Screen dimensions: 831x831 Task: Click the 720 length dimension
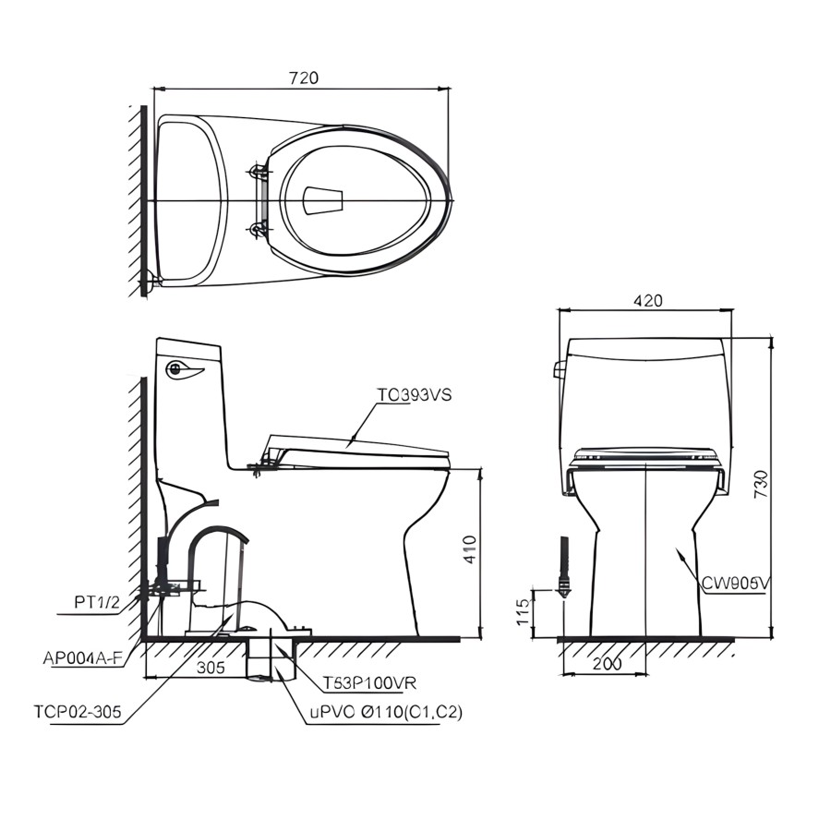pyautogui.click(x=304, y=78)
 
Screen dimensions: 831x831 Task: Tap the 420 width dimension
pyautogui.click(x=647, y=301)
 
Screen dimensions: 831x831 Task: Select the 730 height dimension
pyautogui.click(x=761, y=484)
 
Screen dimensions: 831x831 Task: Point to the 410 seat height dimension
pyautogui.click(x=471, y=549)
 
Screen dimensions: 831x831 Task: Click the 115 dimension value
pyautogui.click(x=523, y=611)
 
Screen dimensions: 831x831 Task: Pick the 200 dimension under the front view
pyautogui.click(x=607, y=663)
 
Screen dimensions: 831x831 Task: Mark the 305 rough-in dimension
pyautogui.click(x=211, y=668)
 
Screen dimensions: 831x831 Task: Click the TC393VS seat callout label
pyautogui.click(x=414, y=395)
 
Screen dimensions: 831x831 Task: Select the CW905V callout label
pyautogui.click(x=735, y=584)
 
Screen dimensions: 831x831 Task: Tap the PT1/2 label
pyautogui.click(x=97, y=603)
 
